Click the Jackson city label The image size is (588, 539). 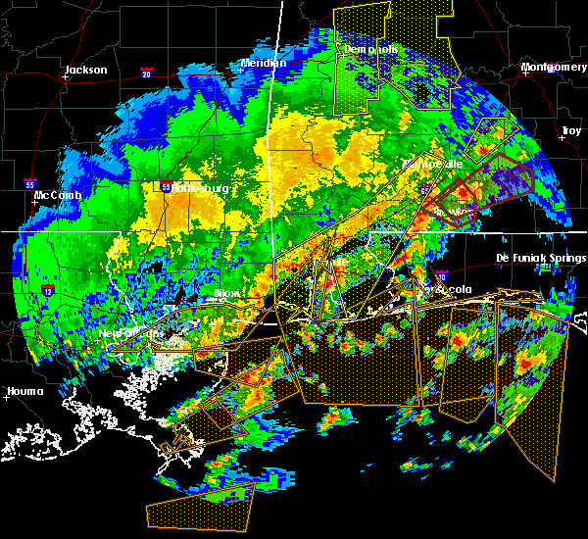tap(84, 70)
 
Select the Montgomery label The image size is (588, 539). tap(554, 67)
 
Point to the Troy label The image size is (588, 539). tap(570, 130)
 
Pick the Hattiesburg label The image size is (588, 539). tap(200, 188)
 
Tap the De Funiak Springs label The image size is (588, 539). tap(541, 258)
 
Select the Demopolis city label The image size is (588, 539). tap(370, 49)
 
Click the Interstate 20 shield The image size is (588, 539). tap(147, 73)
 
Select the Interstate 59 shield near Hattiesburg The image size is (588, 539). tap(167, 186)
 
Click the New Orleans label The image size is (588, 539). tap(128, 333)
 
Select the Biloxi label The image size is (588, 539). tap(227, 293)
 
